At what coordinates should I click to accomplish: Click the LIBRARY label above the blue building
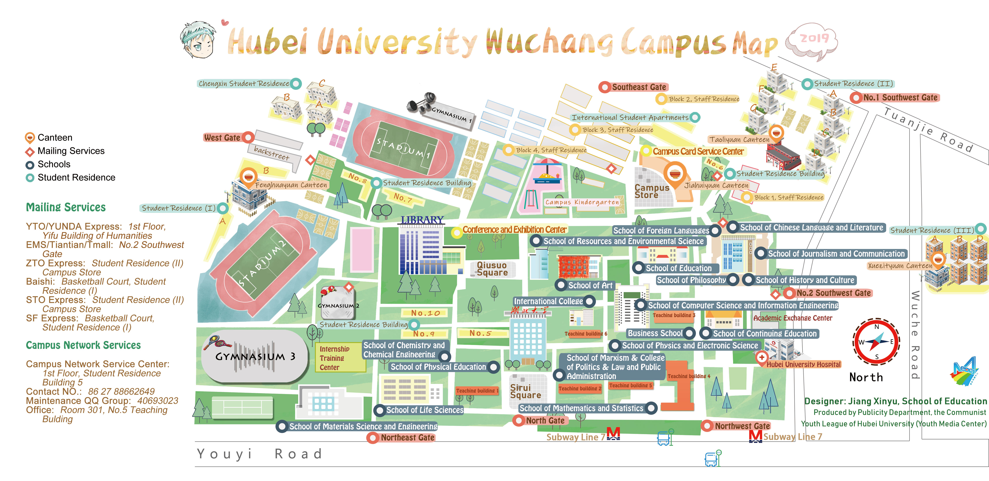(x=422, y=220)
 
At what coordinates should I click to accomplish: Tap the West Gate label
(x=222, y=137)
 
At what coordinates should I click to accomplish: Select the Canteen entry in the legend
(x=55, y=137)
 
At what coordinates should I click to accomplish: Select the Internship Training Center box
(x=335, y=358)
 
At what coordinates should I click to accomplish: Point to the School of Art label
(x=590, y=285)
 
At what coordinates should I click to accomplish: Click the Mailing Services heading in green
(x=66, y=207)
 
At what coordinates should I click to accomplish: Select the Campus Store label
(x=652, y=191)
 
